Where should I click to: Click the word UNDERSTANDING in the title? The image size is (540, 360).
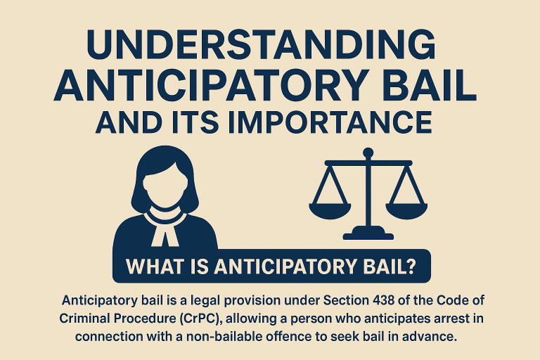click(262, 44)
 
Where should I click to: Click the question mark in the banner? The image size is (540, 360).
click(409, 266)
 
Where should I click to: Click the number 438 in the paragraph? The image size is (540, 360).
click(384, 300)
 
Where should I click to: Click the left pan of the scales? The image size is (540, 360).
click(330, 211)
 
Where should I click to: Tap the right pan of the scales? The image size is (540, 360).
click(406, 211)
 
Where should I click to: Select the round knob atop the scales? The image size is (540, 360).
click(368, 153)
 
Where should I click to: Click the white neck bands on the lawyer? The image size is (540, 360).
click(165, 230)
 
